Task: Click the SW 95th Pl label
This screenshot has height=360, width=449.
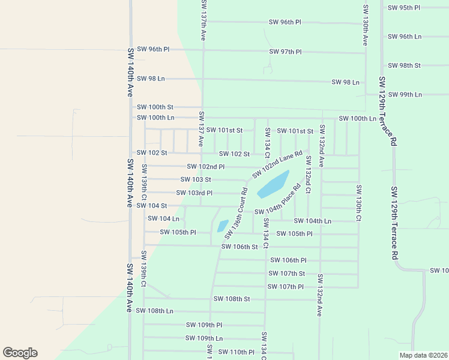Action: tap(404, 8)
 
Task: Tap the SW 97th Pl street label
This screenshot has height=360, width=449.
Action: tap(285, 52)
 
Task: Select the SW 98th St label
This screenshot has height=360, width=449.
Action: tap(404, 65)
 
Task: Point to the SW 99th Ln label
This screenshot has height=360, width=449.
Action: tap(405, 95)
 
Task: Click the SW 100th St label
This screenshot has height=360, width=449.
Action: tap(155, 107)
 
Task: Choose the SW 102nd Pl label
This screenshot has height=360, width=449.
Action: tap(206, 167)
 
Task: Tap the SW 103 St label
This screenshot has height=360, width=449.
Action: tap(196, 179)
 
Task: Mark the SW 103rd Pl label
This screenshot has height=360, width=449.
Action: tap(194, 193)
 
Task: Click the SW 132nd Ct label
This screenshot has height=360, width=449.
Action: tap(308, 174)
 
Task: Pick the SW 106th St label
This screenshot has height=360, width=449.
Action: tap(240, 247)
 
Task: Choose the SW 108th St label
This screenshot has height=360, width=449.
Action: tap(232, 298)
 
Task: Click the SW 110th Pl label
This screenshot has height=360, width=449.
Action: tap(236, 352)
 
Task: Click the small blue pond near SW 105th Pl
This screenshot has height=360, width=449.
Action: tap(223, 226)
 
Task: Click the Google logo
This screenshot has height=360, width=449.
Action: tap(20, 353)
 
